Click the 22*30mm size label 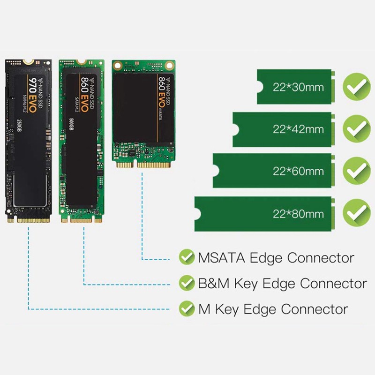[x=298, y=87]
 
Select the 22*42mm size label [x=298, y=129]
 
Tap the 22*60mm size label [x=298, y=171]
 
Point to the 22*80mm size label [x=298, y=214]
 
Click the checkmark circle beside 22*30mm [x=357, y=86]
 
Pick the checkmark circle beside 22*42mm [x=357, y=128]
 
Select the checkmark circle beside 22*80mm [x=357, y=213]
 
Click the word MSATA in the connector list [x=222, y=258]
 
